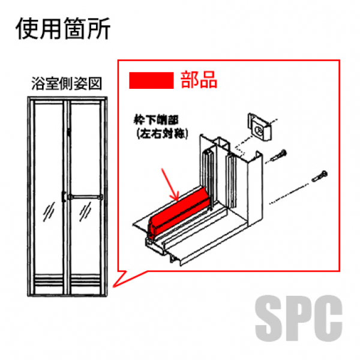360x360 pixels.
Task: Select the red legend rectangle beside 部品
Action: [150, 80]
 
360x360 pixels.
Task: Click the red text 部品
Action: [199, 80]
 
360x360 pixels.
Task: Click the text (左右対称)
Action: [162, 134]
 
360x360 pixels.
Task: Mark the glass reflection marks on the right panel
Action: [87, 210]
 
